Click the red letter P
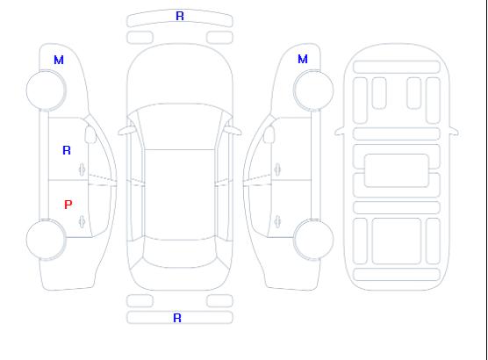[68, 205]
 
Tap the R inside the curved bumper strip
[180, 16]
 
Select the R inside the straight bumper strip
[177, 318]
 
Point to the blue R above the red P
[67, 150]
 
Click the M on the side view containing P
[59, 60]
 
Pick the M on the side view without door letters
[303, 59]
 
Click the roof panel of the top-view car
[180, 195]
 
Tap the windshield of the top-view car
[180, 126]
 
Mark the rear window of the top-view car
[180, 253]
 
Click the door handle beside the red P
[83, 221]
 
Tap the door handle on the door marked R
[83, 169]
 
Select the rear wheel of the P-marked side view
[46, 240]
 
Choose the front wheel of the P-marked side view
[46, 90]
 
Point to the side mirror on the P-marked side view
[90, 134]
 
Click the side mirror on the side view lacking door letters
[269, 134]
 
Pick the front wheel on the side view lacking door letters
[313, 90]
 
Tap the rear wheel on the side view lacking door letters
[313, 240]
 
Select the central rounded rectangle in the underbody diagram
[397, 170]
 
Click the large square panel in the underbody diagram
[397, 241]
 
